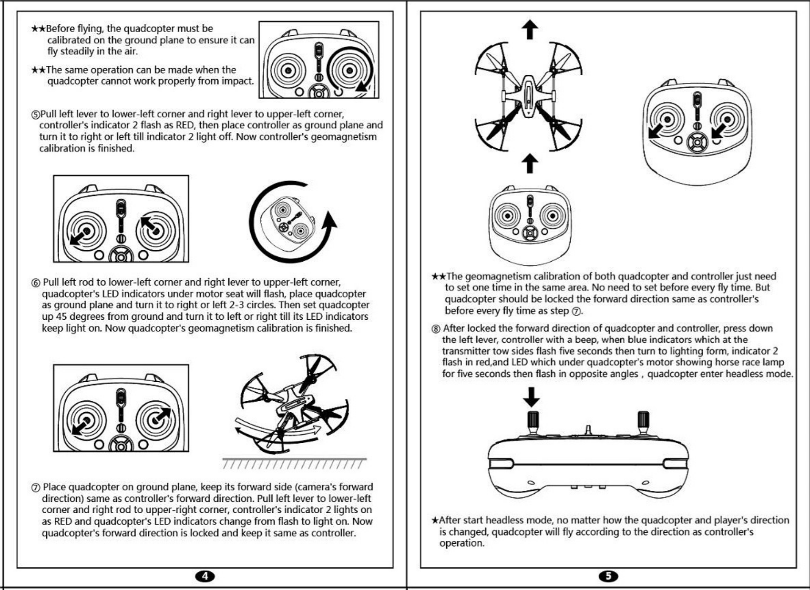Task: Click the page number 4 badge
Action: [x=205, y=576]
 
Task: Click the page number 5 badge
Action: [x=608, y=576]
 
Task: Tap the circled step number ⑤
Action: [x=35, y=114]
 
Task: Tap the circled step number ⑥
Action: [x=36, y=283]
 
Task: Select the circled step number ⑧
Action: [x=436, y=329]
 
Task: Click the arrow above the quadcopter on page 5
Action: [x=530, y=30]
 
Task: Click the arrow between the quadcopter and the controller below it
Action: [x=530, y=163]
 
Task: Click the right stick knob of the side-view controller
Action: [x=643, y=420]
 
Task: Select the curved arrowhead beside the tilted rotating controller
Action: [x=329, y=223]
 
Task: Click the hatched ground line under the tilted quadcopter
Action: [x=294, y=463]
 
